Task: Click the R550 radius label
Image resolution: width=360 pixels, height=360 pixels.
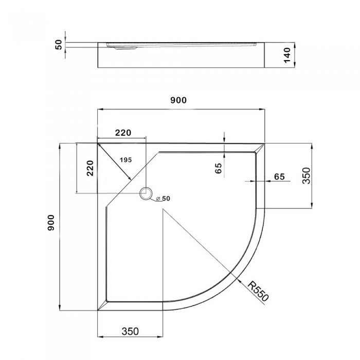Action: pyautogui.click(x=258, y=292)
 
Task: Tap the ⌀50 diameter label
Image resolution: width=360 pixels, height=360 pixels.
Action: pyautogui.click(x=163, y=199)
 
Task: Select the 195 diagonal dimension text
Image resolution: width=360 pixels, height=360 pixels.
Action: pyautogui.click(x=126, y=160)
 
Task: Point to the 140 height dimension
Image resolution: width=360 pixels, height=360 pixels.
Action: pyautogui.click(x=287, y=55)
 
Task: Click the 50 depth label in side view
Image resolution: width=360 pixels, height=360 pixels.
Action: pyautogui.click(x=59, y=45)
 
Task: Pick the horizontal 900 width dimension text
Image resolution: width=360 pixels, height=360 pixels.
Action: pyautogui.click(x=178, y=100)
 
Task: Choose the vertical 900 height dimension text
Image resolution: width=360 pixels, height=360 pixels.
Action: pyautogui.click(x=51, y=223)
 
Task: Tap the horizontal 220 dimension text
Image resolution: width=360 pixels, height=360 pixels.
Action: pyautogui.click(x=123, y=133)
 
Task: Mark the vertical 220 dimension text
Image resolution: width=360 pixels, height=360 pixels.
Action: pyautogui.click(x=90, y=168)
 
